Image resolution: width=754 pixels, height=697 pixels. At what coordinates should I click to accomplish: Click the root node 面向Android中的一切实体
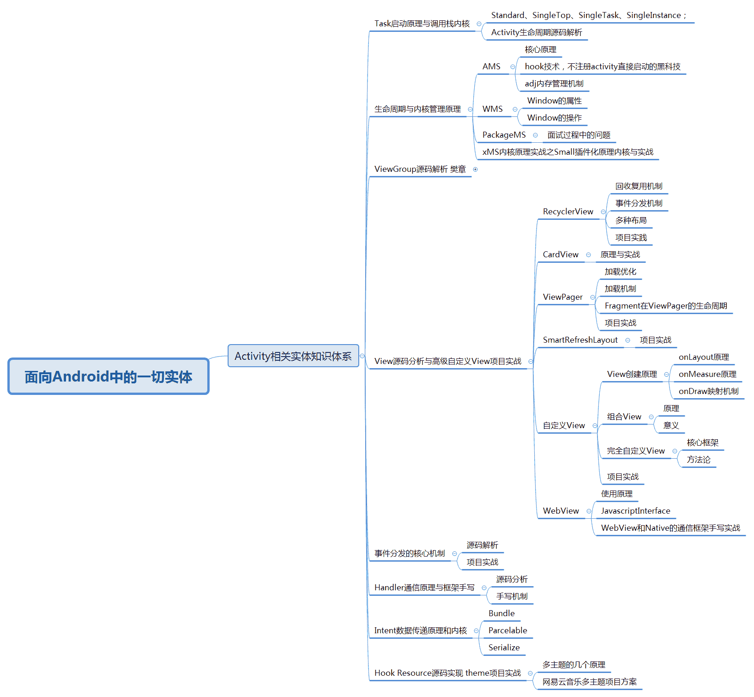tap(109, 376)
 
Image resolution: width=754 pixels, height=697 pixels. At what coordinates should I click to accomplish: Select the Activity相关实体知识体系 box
tap(293, 356)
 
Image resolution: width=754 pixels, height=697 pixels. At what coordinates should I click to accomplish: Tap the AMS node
tap(491, 67)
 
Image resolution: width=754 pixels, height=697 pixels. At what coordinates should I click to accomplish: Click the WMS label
tap(492, 109)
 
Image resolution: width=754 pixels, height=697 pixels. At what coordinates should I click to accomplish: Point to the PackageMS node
tap(504, 135)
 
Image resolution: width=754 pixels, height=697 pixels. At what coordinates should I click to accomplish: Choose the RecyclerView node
tap(568, 212)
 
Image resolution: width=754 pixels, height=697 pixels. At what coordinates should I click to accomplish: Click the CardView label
tap(561, 255)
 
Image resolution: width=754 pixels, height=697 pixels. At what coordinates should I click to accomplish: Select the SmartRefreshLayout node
tap(580, 340)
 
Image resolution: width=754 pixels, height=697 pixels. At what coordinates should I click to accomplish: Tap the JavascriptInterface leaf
tap(635, 511)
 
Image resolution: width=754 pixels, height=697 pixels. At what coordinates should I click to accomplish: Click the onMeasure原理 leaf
tap(707, 374)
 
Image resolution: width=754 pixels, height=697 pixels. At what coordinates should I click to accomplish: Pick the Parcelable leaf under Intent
tap(507, 630)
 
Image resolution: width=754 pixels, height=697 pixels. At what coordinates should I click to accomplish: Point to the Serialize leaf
tap(504, 648)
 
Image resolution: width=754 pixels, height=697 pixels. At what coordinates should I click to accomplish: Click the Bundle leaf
tap(501, 613)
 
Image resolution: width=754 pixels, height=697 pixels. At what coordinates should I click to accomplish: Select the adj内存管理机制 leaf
tap(554, 84)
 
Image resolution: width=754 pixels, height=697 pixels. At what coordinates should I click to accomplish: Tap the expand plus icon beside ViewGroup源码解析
tap(475, 170)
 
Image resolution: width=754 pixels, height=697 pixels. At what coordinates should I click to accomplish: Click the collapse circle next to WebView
tap(589, 511)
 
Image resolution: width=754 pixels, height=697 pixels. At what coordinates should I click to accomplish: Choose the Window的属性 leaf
tap(555, 101)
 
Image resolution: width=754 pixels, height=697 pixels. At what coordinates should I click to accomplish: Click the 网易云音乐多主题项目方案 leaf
tap(589, 682)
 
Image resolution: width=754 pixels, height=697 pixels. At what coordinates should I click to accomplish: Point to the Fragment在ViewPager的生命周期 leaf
tap(666, 306)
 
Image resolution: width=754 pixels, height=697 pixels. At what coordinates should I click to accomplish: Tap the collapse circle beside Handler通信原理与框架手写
tap(484, 588)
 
